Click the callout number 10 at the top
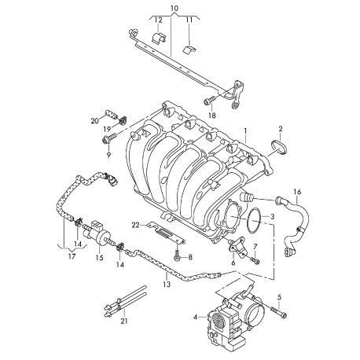click(174, 9)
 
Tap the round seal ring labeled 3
click(253, 220)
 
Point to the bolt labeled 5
click(278, 312)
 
